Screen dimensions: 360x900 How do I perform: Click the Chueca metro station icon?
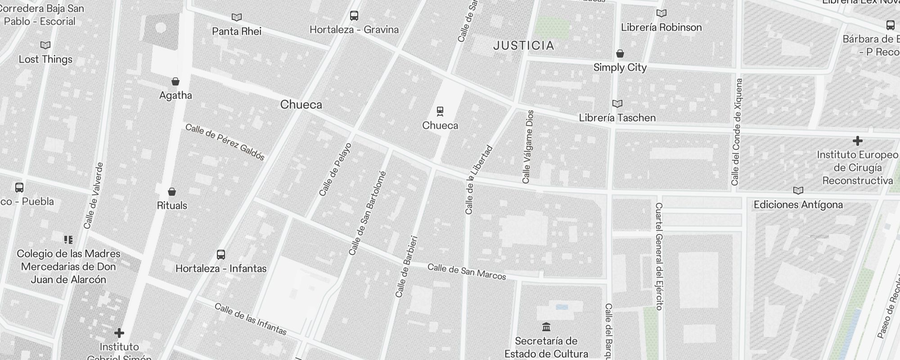[440, 111]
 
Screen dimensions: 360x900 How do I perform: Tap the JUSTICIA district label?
[524, 45]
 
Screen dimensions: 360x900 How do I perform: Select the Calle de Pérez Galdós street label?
[225, 142]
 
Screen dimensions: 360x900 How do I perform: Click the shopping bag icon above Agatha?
[175, 81]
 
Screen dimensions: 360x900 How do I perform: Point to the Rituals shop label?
[172, 206]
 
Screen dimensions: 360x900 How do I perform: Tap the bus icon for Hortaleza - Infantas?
[220, 255]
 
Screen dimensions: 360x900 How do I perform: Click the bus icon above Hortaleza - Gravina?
[354, 16]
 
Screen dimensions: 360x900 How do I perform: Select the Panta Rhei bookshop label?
[237, 31]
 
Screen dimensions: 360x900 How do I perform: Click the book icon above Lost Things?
[45, 45]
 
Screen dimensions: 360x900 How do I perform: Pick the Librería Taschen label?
[617, 118]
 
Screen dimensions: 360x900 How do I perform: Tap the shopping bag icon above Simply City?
[620, 54]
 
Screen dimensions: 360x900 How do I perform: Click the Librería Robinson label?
[661, 27]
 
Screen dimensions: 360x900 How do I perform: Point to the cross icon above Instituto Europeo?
[857, 141]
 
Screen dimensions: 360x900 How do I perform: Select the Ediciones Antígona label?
[798, 205]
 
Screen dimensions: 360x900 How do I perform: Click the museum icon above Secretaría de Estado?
[546, 327]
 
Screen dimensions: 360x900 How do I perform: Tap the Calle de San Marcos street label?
[467, 271]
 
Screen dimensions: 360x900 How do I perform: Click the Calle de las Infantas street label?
[251, 319]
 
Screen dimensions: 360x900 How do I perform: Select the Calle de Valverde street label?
[94, 196]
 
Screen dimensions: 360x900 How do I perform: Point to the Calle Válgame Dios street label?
[528, 147]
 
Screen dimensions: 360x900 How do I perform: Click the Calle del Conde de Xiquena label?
[737, 132]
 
